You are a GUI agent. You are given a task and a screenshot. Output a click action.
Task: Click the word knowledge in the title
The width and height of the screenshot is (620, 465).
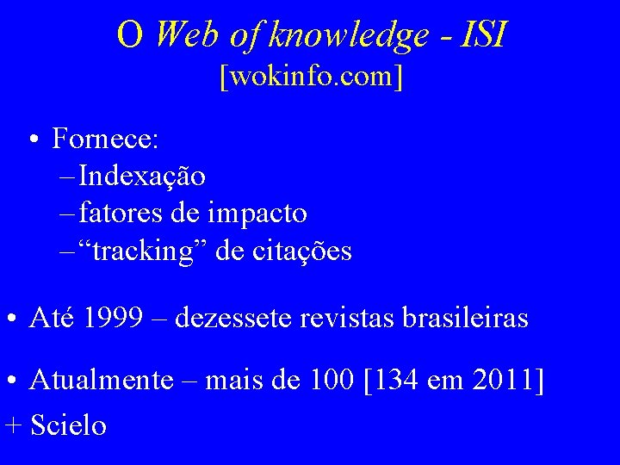coord(349,34)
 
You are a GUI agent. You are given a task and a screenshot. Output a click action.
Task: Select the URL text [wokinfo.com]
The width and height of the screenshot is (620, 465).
coord(311,78)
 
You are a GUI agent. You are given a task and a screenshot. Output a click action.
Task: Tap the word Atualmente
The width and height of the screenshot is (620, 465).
coord(101,380)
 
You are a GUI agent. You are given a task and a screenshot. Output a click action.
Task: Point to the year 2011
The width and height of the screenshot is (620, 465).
coord(506,380)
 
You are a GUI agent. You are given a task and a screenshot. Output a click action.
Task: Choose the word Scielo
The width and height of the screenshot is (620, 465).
coord(68,425)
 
